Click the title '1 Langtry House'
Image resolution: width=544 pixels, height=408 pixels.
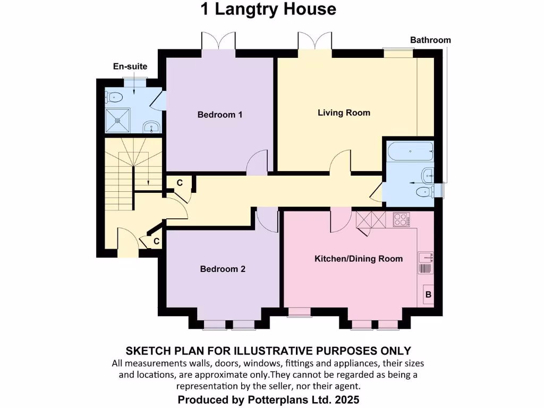268,9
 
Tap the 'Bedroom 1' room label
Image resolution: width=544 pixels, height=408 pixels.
220,114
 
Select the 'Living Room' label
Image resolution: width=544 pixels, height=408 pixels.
344,113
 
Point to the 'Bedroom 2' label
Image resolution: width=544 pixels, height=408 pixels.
223,269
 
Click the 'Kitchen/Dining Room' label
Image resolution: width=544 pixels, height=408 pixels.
359,259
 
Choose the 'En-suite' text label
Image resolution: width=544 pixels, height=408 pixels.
130,66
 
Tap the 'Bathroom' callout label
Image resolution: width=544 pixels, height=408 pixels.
430,40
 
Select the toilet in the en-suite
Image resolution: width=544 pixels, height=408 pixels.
114,97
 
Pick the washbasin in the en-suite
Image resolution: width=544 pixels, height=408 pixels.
151,127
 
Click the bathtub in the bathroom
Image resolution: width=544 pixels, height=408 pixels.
411,152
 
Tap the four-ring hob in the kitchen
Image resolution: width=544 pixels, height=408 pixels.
401,219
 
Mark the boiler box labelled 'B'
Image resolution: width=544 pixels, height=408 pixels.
429,294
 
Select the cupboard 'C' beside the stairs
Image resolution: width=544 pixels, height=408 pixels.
180,183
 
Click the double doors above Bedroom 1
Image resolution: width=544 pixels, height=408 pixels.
218,41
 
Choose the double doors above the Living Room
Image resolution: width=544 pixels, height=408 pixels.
314,41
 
